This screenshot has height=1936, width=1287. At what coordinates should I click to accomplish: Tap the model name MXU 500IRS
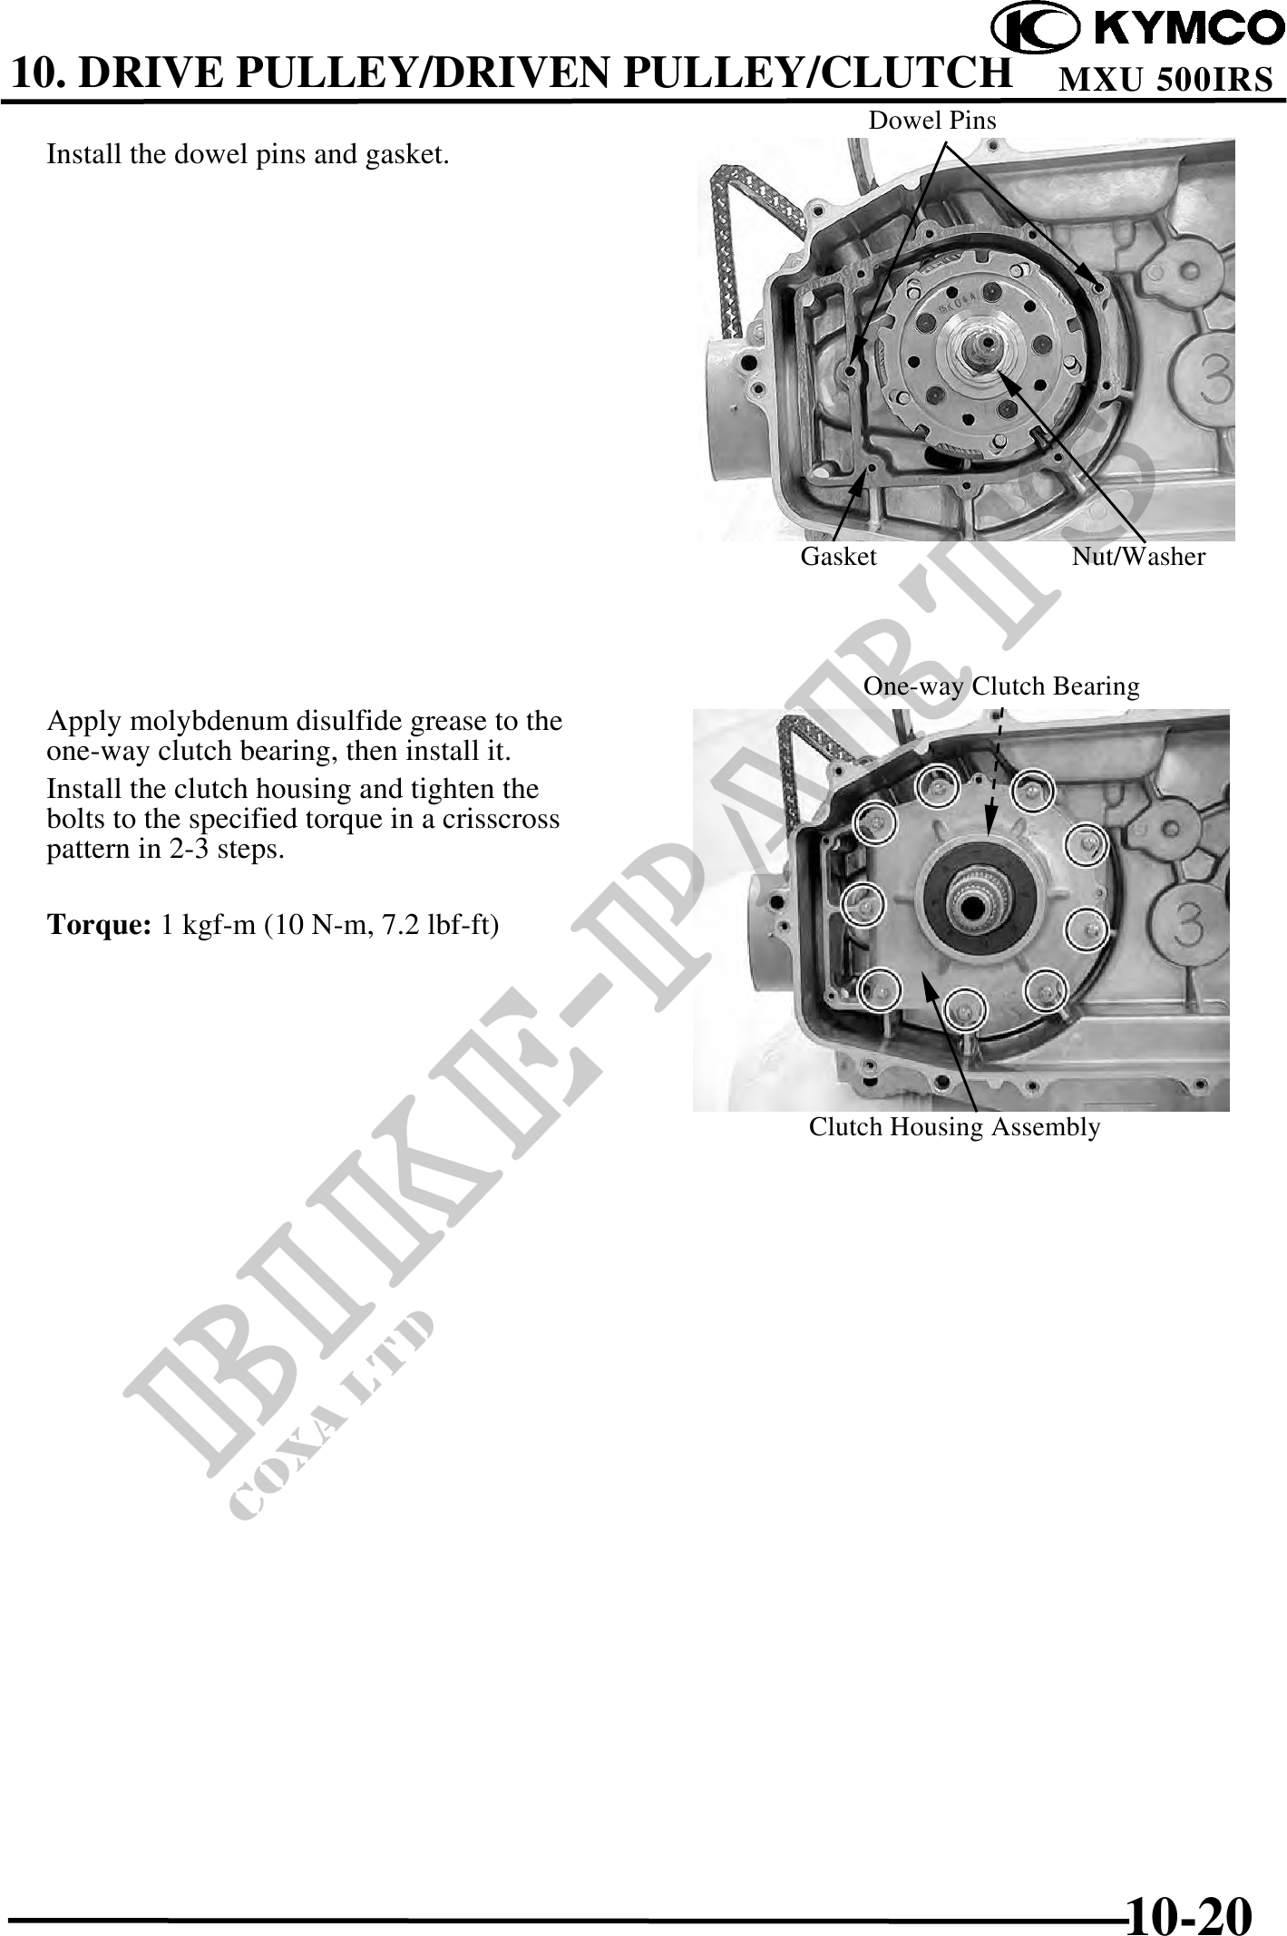[x=1166, y=80]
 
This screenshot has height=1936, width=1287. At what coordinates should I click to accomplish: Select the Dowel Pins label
[x=932, y=121]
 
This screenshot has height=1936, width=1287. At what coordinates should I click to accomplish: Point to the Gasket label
[x=839, y=557]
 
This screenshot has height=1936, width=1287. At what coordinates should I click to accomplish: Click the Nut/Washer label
[x=1139, y=557]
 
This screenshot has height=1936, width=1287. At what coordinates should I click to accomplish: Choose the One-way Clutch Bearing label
[x=1001, y=686]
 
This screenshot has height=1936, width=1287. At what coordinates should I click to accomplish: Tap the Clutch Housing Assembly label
[x=955, y=1127]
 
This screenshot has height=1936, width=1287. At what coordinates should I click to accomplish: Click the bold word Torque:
[x=99, y=925]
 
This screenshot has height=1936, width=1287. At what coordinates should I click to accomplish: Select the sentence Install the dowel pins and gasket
[x=248, y=155]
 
